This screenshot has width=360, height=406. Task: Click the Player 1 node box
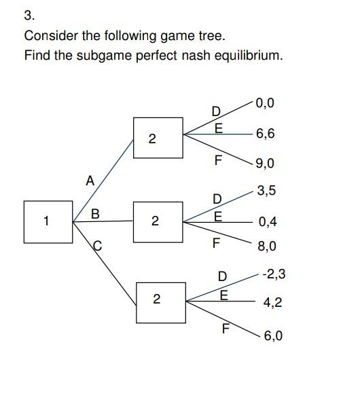coord(48,222)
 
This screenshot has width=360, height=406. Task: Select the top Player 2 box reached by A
coord(158,139)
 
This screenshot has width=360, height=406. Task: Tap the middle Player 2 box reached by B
coord(158,222)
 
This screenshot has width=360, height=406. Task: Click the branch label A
coord(90,181)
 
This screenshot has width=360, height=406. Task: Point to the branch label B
coord(95,214)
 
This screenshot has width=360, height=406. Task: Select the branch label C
coord(97,248)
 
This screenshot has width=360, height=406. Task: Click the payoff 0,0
coord(266,103)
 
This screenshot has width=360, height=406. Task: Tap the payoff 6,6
coord(266,134)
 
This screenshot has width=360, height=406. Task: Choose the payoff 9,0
coord(266,164)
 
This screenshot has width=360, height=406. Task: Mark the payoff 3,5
coord(266,191)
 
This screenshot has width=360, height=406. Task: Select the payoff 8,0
coord(267,246)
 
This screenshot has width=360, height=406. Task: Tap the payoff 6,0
coord(274,335)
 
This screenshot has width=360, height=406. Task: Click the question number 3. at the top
coord(29,14)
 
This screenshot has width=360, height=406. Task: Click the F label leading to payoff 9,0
coord(217,161)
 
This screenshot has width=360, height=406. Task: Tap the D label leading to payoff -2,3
coord(221,276)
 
